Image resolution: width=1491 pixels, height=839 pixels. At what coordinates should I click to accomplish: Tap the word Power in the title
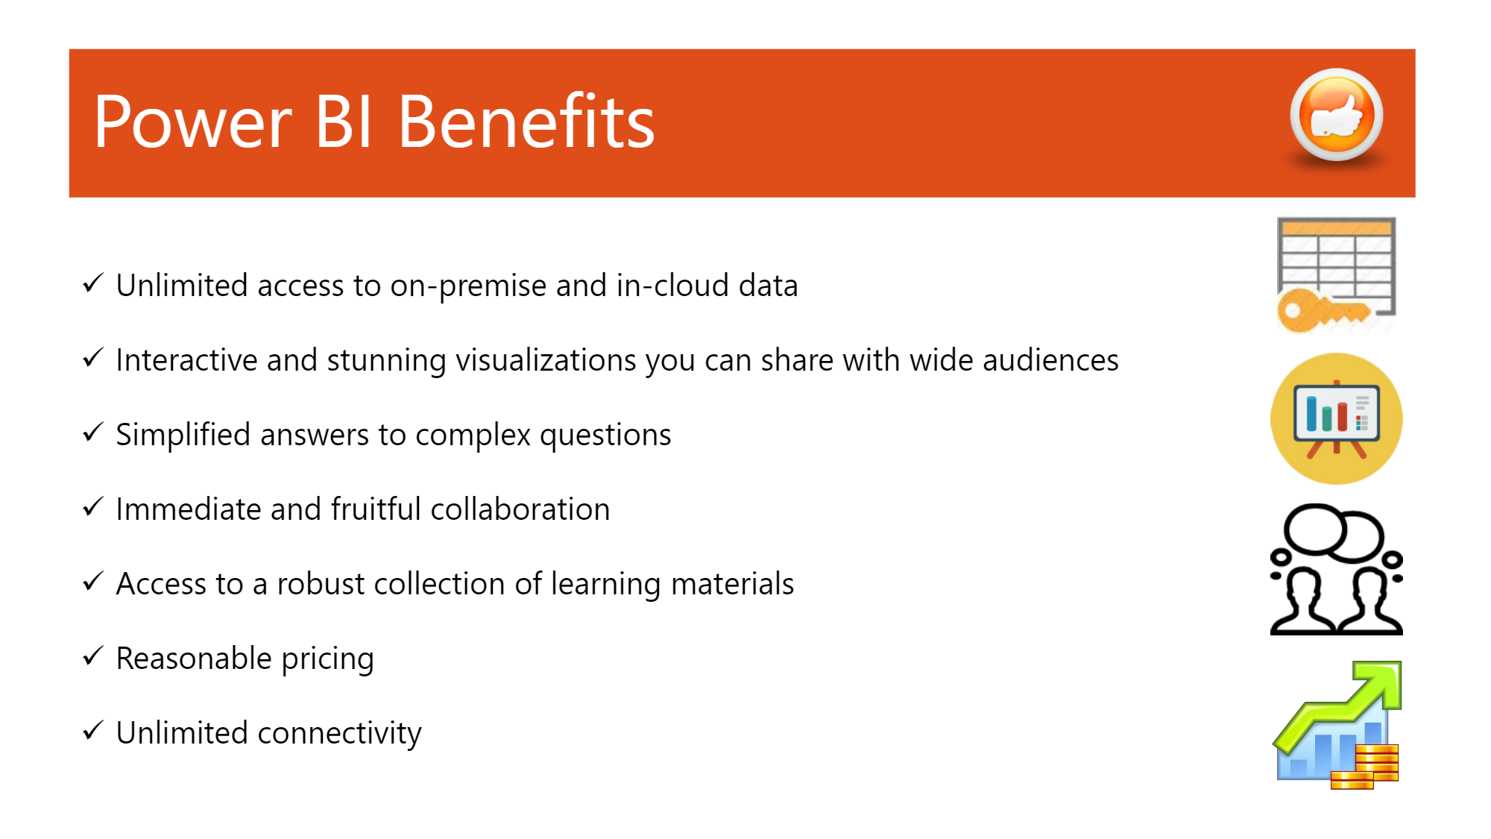click(x=192, y=123)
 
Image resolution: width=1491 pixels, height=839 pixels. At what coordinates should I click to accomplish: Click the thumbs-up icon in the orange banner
click(x=1336, y=115)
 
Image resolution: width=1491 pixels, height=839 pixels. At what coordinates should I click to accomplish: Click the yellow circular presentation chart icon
click(x=1336, y=418)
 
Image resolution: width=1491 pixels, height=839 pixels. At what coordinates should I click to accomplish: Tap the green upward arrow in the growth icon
click(x=1342, y=706)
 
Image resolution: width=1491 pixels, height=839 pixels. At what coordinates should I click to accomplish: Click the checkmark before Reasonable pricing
click(x=92, y=656)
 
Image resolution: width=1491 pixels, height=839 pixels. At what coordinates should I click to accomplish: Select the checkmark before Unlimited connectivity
click(x=92, y=731)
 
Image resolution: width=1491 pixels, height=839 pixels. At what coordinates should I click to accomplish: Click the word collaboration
click(x=520, y=509)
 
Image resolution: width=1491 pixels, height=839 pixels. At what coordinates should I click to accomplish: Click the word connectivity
click(x=339, y=734)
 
